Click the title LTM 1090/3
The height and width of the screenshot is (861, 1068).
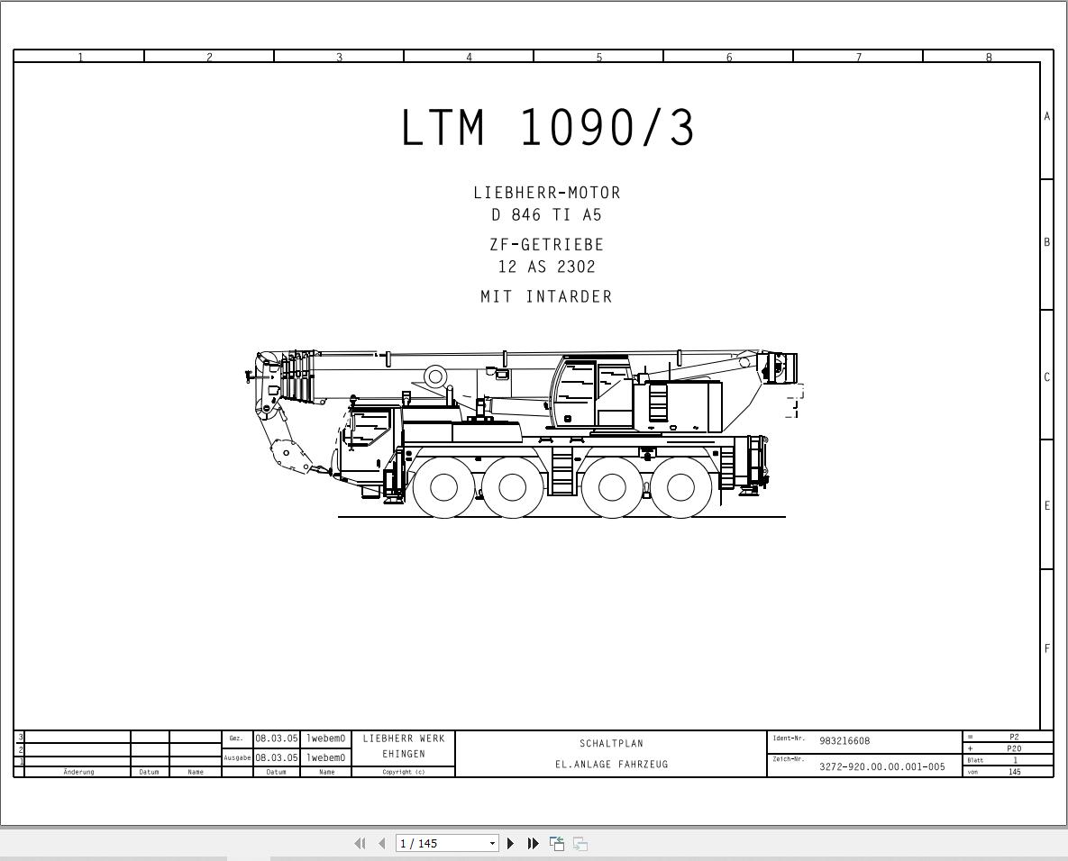pyautogui.click(x=548, y=128)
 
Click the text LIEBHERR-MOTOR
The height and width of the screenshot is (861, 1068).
pyautogui.click(x=547, y=193)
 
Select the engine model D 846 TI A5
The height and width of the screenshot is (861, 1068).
pyautogui.click(x=547, y=215)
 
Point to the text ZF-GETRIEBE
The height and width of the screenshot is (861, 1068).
pyautogui.click(x=547, y=245)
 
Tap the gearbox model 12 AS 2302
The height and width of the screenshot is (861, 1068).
pyautogui.click(x=547, y=267)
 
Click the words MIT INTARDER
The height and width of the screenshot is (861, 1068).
pyautogui.click(x=547, y=296)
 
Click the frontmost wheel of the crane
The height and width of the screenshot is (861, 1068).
pyautogui.click(x=443, y=487)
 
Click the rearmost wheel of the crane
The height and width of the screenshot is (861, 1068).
pyautogui.click(x=680, y=487)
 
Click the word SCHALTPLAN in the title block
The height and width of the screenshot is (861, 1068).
pyautogui.click(x=611, y=744)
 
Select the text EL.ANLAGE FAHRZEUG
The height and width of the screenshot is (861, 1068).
pyautogui.click(x=611, y=765)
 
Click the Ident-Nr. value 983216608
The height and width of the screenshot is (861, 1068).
pyautogui.click(x=844, y=741)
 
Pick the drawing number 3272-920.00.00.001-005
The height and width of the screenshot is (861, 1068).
pyautogui.click(x=881, y=767)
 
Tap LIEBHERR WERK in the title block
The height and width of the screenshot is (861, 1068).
pyautogui.click(x=404, y=739)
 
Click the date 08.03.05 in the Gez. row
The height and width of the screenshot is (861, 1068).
pyautogui.click(x=276, y=739)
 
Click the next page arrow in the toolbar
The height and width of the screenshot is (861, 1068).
pyautogui.click(x=510, y=844)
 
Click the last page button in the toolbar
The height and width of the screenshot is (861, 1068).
pyautogui.click(x=533, y=844)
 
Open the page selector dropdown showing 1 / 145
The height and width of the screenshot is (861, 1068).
pyautogui.click(x=492, y=844)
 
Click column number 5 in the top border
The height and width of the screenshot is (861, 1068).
pyautogui.click(x=599, y=57)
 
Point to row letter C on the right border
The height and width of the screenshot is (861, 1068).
pyautogui.click(x=1047, y=376)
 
